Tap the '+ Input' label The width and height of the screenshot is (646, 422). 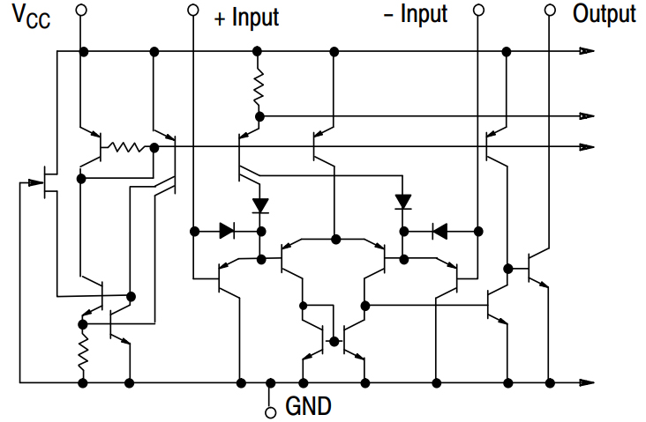coord(246,16)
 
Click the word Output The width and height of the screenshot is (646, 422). coord(604,14)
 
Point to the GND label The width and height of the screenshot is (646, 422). coord(308,407)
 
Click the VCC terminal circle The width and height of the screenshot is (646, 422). coord(82,11)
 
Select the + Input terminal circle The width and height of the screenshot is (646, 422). coord(194,11)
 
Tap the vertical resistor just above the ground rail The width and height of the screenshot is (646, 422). coord(83,352)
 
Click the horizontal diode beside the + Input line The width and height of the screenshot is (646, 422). coord(227,231)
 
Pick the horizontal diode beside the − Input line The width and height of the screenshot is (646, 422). coord(438,231)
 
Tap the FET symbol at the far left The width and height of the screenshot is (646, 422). coord(49,181)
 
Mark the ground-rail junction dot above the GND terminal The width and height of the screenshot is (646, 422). coord(270,383)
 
